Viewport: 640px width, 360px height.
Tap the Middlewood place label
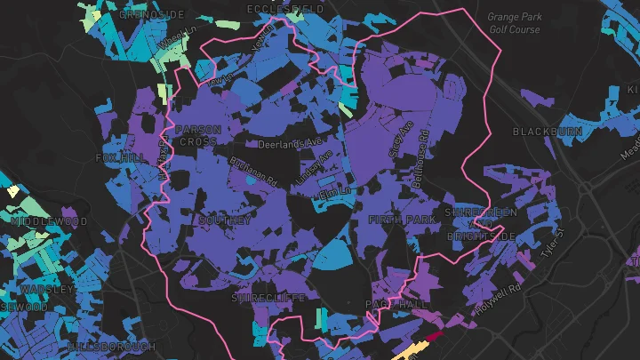coord(51,220)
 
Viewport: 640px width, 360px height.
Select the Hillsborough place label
coord(111,346)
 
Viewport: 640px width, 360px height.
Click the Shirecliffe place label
coord(268,298)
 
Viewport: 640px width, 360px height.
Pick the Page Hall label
coord(391,305)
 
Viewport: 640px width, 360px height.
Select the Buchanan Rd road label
coord(253,171)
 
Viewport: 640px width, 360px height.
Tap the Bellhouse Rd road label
coord(424,148)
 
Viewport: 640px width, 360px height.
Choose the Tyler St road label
coord(552,243)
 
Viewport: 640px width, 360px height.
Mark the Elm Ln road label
coord(329,192)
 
